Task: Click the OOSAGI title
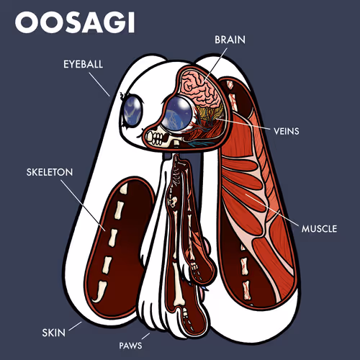(75, 22)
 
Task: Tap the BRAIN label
(230, 40)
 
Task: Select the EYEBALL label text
(83, 64)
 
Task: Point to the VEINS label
(287, 131)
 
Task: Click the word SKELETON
(50, 172)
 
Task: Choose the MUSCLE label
(319, 229)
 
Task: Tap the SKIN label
(54, 333)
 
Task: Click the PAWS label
(130, 346)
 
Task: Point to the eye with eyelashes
(132, 110)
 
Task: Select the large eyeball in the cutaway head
(177, 114)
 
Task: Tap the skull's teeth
(155, 138)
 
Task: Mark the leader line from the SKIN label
(75, 326)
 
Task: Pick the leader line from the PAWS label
(145, 336)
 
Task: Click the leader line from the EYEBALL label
(99, 84)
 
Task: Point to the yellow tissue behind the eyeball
(207, 112)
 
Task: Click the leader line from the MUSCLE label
(272, 210)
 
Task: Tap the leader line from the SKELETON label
(83, 205)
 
